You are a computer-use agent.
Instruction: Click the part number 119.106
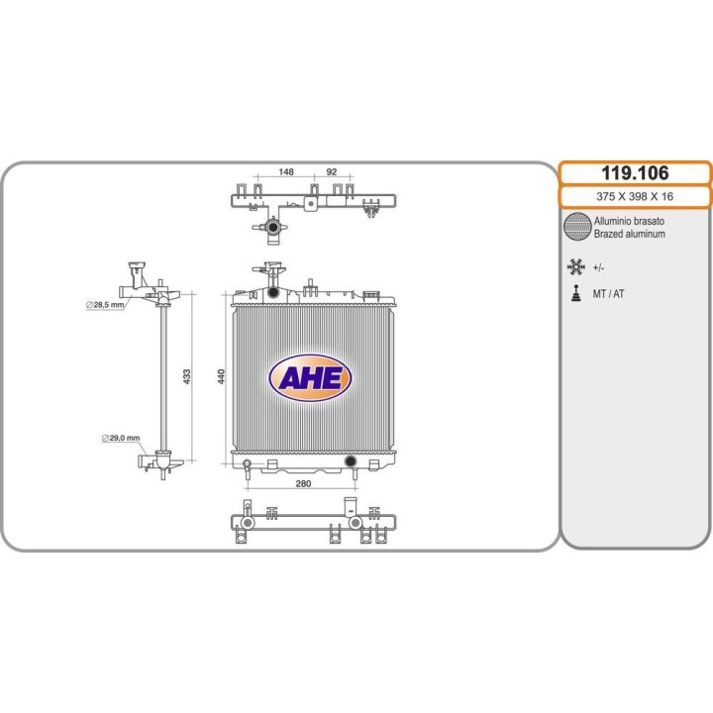click(x=635, y=172)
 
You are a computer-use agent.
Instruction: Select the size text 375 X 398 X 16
click(x=635, y=196)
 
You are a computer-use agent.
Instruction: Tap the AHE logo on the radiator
click(x=311, y=378)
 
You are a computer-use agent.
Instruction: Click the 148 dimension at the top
click(x=286, y=171)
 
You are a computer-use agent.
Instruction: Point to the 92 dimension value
click(x=332, y=171)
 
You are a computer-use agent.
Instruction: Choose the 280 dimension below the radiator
click(x=303, y=483)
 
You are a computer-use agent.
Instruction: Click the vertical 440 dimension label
click(x=221, y=376)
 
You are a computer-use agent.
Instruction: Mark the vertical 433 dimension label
click(x=187, y=376)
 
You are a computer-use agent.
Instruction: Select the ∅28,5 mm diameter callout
click(x=105, y=305)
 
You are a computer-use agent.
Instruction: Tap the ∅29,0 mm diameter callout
click(x=121, y=438)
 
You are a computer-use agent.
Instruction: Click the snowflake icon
click(x=576, y=267)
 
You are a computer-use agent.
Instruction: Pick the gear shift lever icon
click(x=576, y=293)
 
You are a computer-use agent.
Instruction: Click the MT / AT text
click(x=608, y=294)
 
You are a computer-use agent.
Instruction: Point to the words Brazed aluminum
click(x=630, y=234)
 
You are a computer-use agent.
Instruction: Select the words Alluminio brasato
click(x=629, y=221)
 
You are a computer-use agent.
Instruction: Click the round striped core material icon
click(x=577, y=226)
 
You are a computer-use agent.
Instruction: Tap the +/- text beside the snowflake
click(x=598, y=267)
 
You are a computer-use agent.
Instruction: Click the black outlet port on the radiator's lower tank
click(x=351, y=461)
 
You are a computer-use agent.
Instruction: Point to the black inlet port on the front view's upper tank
click(x=273, y=292)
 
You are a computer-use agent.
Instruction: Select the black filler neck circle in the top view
click(x=273, y=227)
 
